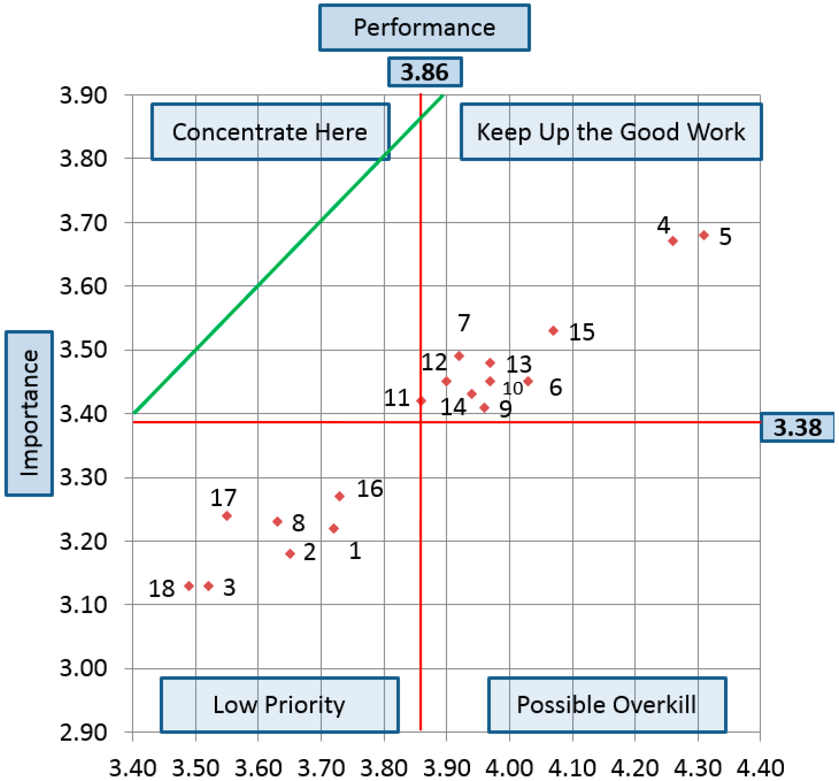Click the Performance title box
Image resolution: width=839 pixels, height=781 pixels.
tap(424, 28)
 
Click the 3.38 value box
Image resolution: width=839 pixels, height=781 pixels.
tap(797, 427)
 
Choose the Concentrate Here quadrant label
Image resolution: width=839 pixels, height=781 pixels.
tap(270, 132)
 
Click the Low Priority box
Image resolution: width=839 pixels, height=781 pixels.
tap(279, 705)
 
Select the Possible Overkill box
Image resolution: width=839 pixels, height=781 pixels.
tap(607, 705)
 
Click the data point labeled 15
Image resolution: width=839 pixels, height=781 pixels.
tap(553, 331)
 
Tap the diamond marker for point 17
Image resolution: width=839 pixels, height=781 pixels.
tap(227, 516)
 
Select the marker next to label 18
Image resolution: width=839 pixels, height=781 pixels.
tap(189, 586)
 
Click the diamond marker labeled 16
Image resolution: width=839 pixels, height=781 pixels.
tap(340, 496)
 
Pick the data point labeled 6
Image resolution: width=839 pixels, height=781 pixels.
tap(528, 382)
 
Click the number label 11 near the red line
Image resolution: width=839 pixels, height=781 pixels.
tap(397, 398)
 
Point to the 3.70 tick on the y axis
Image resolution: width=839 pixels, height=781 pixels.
tap(83, 223)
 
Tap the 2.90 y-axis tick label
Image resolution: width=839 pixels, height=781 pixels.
tap(83, 733)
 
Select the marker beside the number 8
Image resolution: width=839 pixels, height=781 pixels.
tap(277, 522)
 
